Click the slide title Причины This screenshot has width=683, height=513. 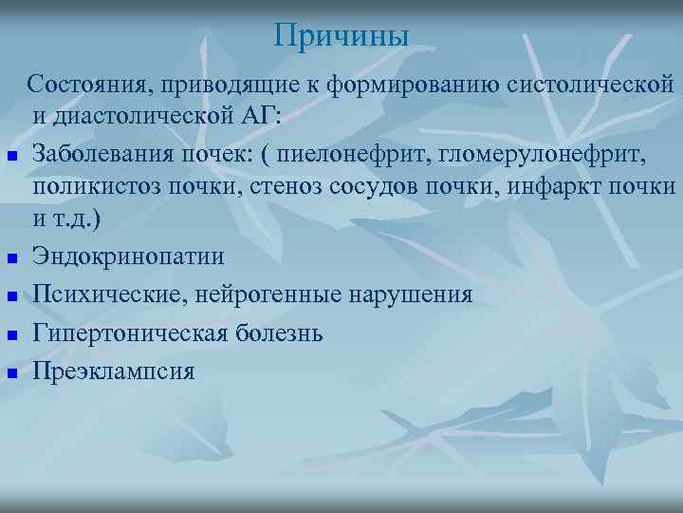[341, 36]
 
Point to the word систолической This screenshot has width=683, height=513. [592, 85]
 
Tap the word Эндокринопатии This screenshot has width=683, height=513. [128, 256]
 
